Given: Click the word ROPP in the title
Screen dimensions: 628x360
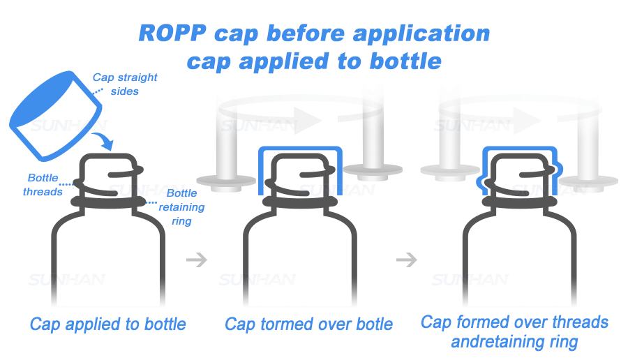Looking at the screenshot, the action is click(x=172, y=33).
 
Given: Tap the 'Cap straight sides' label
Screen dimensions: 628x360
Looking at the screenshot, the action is click(x=125, y=84).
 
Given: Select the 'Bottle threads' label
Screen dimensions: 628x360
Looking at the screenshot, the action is click(x=43, y=185).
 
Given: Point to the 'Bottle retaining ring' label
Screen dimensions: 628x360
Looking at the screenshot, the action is click(x=182, y=207).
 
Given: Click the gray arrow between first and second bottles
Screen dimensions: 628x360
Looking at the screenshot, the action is click(x=197, y=260).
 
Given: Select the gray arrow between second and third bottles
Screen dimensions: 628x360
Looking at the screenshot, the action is click(x=407, y=260).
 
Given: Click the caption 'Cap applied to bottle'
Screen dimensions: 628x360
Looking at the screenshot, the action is click(x=107, y=324).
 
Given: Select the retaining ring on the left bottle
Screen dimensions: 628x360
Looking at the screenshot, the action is click(x=108, y=202).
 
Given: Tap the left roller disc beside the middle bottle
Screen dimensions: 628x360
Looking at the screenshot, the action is click(x=226, y=181).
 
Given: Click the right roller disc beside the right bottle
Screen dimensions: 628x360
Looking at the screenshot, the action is click(x=588, y=181).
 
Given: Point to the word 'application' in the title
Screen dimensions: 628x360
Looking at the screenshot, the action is click(x=421, y=33).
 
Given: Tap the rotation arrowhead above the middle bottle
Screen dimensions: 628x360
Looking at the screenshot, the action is click(x=308, y=119).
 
